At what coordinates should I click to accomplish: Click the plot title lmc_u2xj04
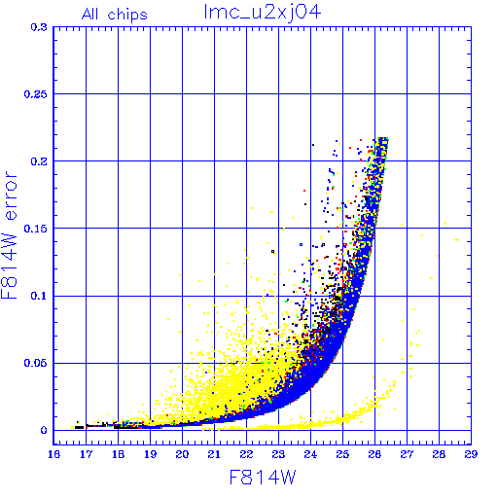pos(263,13)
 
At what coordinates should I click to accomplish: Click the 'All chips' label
pos(115,15)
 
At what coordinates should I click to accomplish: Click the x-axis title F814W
pos(263,478)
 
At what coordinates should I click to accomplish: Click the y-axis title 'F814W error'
pos(10,235)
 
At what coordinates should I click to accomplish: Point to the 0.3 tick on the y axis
pos(39,27)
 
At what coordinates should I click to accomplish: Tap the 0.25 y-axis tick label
pos(36,94)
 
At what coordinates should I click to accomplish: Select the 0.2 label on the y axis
pos(39,161)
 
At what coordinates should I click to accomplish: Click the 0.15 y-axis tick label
pos(36,229)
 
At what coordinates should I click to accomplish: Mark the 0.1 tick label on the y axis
pos(39,296)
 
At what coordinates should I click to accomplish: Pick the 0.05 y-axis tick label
pos(36,363)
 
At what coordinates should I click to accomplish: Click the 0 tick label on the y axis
pos(44,431)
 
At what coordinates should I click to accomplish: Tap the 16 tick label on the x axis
pos(53,454)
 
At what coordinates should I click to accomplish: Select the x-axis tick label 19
pos(150,454)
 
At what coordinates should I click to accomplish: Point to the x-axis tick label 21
pos(214,454)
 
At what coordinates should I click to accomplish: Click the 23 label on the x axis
pos(278,454)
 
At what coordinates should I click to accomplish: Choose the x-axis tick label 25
pos(342,454)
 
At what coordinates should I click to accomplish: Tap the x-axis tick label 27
pos(407,454)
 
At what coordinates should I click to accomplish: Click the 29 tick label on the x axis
pos(471,454)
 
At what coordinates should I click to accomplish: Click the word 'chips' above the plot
pos(127,16)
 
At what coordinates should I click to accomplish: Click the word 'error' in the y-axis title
pos(11,196)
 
